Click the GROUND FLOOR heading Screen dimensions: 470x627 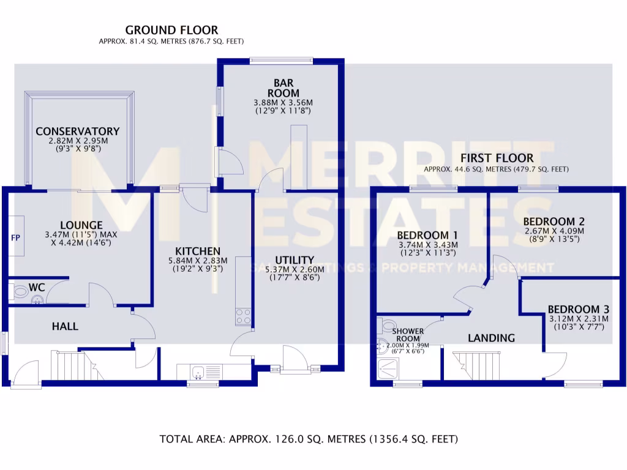pyautogui.click(x=171, y=30)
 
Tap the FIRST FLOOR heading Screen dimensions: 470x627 pyautogui.click(x=497, y=158)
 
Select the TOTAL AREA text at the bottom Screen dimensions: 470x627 pyautogui.click(x=309, y=439)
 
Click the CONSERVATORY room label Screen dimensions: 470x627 pyautogui.click(x=77, y=132)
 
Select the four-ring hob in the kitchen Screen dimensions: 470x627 pyautogui.click(x=242, y=316)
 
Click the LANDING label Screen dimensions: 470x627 pyautogui.click(x=491, y=338)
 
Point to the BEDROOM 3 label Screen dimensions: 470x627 pyautogui.click(x=576, y=309)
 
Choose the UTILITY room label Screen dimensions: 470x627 pyautogui.click(x=295, y=260)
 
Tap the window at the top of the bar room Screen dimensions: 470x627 pyautogui.click(x=282, y=61)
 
